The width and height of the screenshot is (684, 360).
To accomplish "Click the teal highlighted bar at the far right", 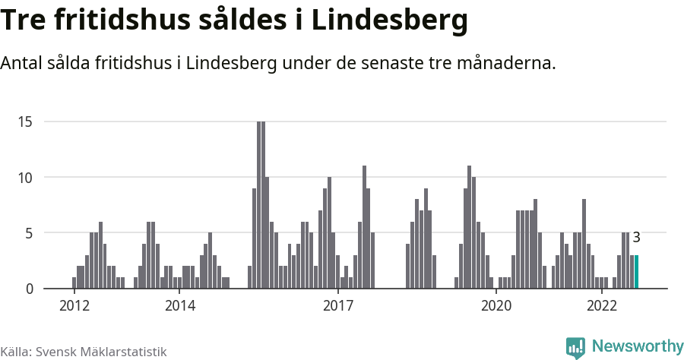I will [636, 272].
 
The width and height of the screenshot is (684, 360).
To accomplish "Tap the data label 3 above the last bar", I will [637, 238].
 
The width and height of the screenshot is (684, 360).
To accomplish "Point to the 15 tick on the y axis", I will [27, 122].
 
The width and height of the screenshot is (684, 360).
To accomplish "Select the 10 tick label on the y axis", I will [27, 178].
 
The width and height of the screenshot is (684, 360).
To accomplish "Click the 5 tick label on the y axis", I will [30, 233].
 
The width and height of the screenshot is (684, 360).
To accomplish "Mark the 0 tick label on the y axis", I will [30, 289].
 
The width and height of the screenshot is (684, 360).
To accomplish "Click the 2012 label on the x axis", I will [74, 306].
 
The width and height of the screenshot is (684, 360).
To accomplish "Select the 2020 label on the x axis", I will [496, 306].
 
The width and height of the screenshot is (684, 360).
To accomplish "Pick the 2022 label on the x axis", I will [601, 306].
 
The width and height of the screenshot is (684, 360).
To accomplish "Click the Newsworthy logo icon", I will [575, 347].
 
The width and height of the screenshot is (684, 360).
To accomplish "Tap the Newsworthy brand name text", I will [637, 346].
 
